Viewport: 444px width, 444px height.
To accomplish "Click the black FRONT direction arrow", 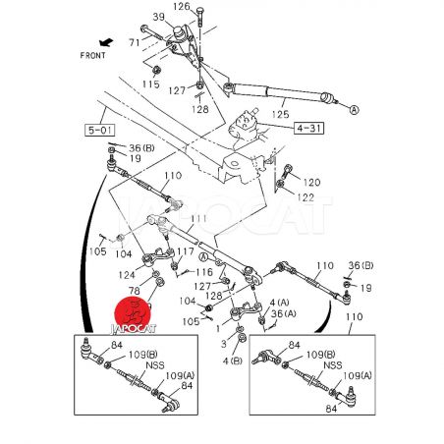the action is pos(106,42).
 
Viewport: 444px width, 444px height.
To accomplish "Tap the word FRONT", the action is pos(93,55).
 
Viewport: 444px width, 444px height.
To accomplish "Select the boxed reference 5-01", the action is pos(100,130).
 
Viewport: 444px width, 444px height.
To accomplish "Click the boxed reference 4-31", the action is pos(308,128).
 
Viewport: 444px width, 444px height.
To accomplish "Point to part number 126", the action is pos(182,6).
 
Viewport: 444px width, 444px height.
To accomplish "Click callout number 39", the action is pos(159,17).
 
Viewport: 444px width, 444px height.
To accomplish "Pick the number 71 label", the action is pos(135,42).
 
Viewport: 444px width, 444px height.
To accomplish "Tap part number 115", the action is pos(151,84).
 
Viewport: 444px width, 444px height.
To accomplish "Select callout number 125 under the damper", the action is pos(281,114).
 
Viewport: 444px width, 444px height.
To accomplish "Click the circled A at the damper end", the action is pos(354,110).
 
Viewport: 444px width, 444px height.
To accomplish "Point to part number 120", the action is pos(311,182).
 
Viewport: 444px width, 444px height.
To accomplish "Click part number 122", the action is pos(305,197).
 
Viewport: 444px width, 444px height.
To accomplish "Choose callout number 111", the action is pos(198,218).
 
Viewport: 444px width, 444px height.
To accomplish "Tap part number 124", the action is pos(127,275).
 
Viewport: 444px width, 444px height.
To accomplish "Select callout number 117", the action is pos(186,251).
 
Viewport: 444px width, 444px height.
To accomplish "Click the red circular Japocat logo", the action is pos(133,313).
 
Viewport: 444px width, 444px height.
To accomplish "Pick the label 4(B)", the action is pos(233,361).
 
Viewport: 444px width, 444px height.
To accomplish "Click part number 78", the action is pos(135,291).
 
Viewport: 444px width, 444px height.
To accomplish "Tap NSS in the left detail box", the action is pos(155,365).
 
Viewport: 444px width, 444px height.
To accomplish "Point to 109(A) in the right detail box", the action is pos(358,375).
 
